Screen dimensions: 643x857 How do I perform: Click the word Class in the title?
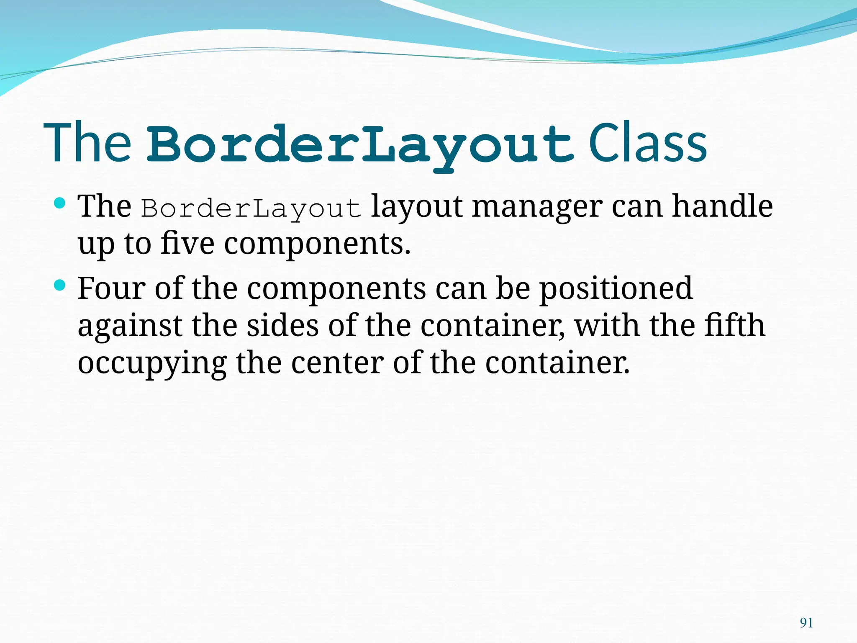click(647, 143)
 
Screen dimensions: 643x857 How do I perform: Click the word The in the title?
click(87, 143)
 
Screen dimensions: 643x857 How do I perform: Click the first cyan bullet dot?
click(60, 204)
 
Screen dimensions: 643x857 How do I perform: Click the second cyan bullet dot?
click(60, 285)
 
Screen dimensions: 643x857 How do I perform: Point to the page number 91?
click(806, 623)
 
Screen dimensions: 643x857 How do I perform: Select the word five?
click(187, 244)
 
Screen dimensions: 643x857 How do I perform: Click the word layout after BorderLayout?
click(417, 207)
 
